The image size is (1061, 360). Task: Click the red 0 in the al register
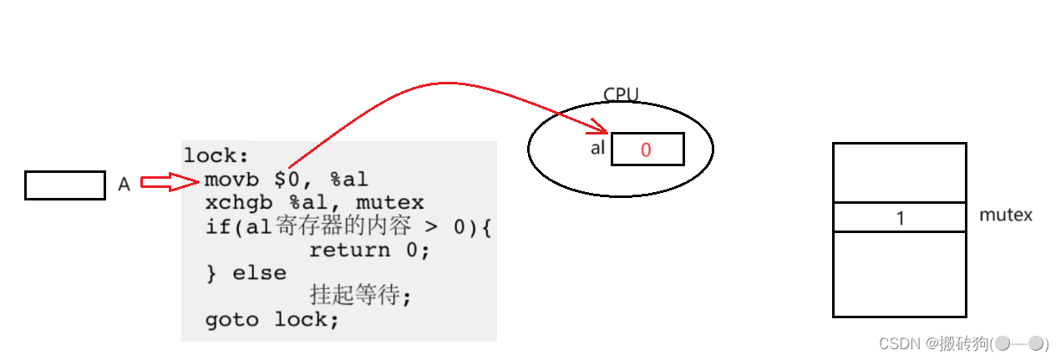(x=646, y=150)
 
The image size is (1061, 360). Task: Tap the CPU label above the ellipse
(x=620, y=94)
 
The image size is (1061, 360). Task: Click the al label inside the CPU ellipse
(x=596, y=149)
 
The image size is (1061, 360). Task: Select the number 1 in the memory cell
(x=900, y=218)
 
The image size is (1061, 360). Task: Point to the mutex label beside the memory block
(x=1005, y=215)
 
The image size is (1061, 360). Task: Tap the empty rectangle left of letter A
(x=65, y=185)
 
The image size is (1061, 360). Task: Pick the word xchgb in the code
(x=236, y=203)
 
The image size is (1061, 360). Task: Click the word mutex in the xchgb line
(x=390, y=203)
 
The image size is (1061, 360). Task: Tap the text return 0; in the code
(x=369, y=250)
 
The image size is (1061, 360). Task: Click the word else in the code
(x=259, y=273)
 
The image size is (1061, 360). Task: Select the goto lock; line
(x=272, y=320)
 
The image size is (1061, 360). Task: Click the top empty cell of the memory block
(x=900, y=173)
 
